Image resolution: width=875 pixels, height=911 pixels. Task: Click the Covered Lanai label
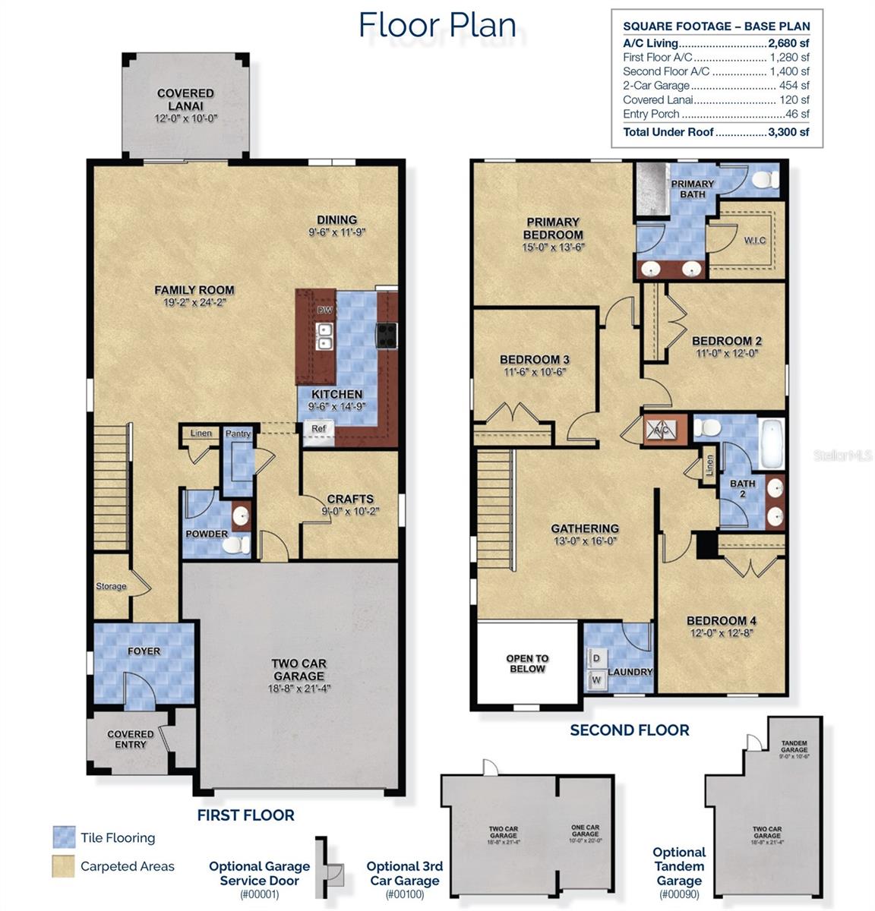(x=185, y=99)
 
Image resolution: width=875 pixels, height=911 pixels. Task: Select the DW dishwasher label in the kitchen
(x=324, y=310)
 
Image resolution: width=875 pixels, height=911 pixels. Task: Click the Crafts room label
(x=350, y=499)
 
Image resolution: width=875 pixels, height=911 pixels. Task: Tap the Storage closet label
(x=111, y=586)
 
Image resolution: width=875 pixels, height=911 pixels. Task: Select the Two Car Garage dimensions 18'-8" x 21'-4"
(x=299, y=689)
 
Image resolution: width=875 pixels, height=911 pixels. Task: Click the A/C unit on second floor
(x=660, y=430)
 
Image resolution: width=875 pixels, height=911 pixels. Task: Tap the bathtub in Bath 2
(x=771, y=444)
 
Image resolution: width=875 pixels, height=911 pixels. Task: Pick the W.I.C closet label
(x=754, y=240)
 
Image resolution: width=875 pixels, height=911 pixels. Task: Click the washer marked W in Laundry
(x=596, y=679)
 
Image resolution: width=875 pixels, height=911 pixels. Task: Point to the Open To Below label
(x=527, y=664)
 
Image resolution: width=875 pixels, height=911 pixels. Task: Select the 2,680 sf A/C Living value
(x=789, y=43)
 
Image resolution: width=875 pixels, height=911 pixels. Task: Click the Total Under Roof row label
(x=668, y=132)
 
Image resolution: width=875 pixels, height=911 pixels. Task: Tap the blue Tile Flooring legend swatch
(x=64, y=837)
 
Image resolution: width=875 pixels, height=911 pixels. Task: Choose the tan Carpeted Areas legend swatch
(x=64, y=866)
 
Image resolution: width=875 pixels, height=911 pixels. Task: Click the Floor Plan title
(x=437, y=24)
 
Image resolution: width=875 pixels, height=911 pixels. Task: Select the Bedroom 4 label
(x=722, y=620)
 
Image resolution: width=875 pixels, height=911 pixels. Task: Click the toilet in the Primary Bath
(x=763, y=180)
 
